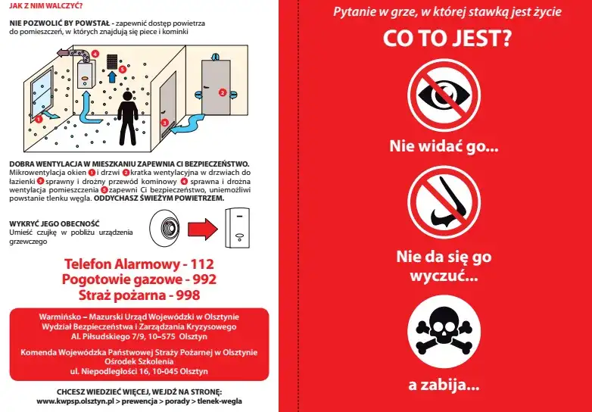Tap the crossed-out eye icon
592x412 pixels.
tap(444, 95)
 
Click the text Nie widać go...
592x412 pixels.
tap(444, 146)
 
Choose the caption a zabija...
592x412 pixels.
tap(444, 385)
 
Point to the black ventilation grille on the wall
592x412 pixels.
tap(112, 60)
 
